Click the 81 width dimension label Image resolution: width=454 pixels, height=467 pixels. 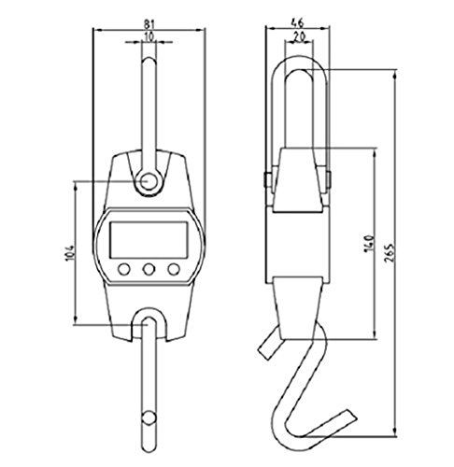[x=149, y=23]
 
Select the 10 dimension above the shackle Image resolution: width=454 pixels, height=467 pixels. [x=149, y=36]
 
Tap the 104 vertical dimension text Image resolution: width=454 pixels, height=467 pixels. [x=70, y=253]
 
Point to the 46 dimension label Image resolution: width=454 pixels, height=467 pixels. [x=297, y=22]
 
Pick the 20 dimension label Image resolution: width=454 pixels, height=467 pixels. [x=299, y=36]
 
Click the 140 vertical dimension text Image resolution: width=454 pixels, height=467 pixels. [x=369, y=244]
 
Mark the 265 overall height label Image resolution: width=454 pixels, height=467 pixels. [x=390, y=252]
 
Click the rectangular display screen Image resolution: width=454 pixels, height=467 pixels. [x=149, y=240]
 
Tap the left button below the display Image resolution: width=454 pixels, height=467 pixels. [x=124, y=269]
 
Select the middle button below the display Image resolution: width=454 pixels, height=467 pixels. [x=149, y=269]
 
